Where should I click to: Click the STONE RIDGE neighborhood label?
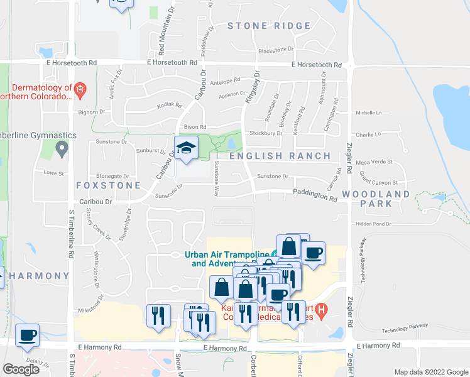tap(269, 26)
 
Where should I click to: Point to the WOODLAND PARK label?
tap(376, 199)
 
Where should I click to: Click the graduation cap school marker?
tap(186, 148)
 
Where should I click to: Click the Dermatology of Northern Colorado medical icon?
tap(80, 90)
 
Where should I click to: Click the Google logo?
tap(21, 369)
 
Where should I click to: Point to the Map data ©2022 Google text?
tap(430, 372)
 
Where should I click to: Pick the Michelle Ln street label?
tap(369, 113)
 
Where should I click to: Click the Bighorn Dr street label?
tap(92, 112)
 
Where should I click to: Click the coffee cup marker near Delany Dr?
tap(27, 335)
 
